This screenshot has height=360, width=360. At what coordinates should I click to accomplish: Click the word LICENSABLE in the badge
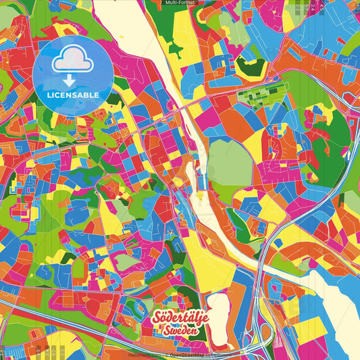(72, 94)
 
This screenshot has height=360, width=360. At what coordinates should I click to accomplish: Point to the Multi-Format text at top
(180, 3)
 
